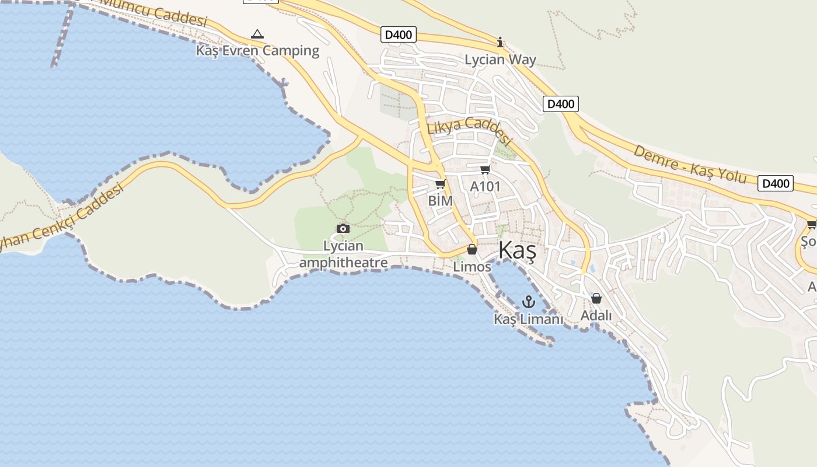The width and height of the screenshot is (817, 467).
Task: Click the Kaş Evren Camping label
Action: tap(257, 51)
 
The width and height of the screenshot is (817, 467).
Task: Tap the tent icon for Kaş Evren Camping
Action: tap(257, 34)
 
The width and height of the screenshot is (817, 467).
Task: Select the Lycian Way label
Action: tap(500, 60)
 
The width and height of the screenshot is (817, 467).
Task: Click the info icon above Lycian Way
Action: tap(500, 42)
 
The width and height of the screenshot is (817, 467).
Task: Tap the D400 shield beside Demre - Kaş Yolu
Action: tap(776, 183)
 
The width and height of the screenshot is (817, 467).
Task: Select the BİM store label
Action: tap(440, 200)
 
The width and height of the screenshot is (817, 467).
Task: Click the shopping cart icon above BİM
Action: tap(440, 184)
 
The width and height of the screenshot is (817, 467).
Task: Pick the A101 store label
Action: tap(485, 186)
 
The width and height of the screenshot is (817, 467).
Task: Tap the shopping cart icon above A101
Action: tap(485, 170)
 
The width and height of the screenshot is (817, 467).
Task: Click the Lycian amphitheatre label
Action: tap(343, 254)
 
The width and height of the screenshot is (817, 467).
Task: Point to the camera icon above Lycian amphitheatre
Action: tap(343, 228)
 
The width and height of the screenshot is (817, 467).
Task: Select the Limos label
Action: tap(472, 266)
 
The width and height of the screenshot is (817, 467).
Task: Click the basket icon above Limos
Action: tap(472, 250)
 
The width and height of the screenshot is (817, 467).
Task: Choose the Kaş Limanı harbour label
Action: tap(528, 319)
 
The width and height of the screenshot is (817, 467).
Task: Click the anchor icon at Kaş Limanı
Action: tap(528, 302)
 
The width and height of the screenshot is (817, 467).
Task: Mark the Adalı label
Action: tap(596, 315)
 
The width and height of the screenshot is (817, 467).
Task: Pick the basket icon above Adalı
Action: tap(596, 298)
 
